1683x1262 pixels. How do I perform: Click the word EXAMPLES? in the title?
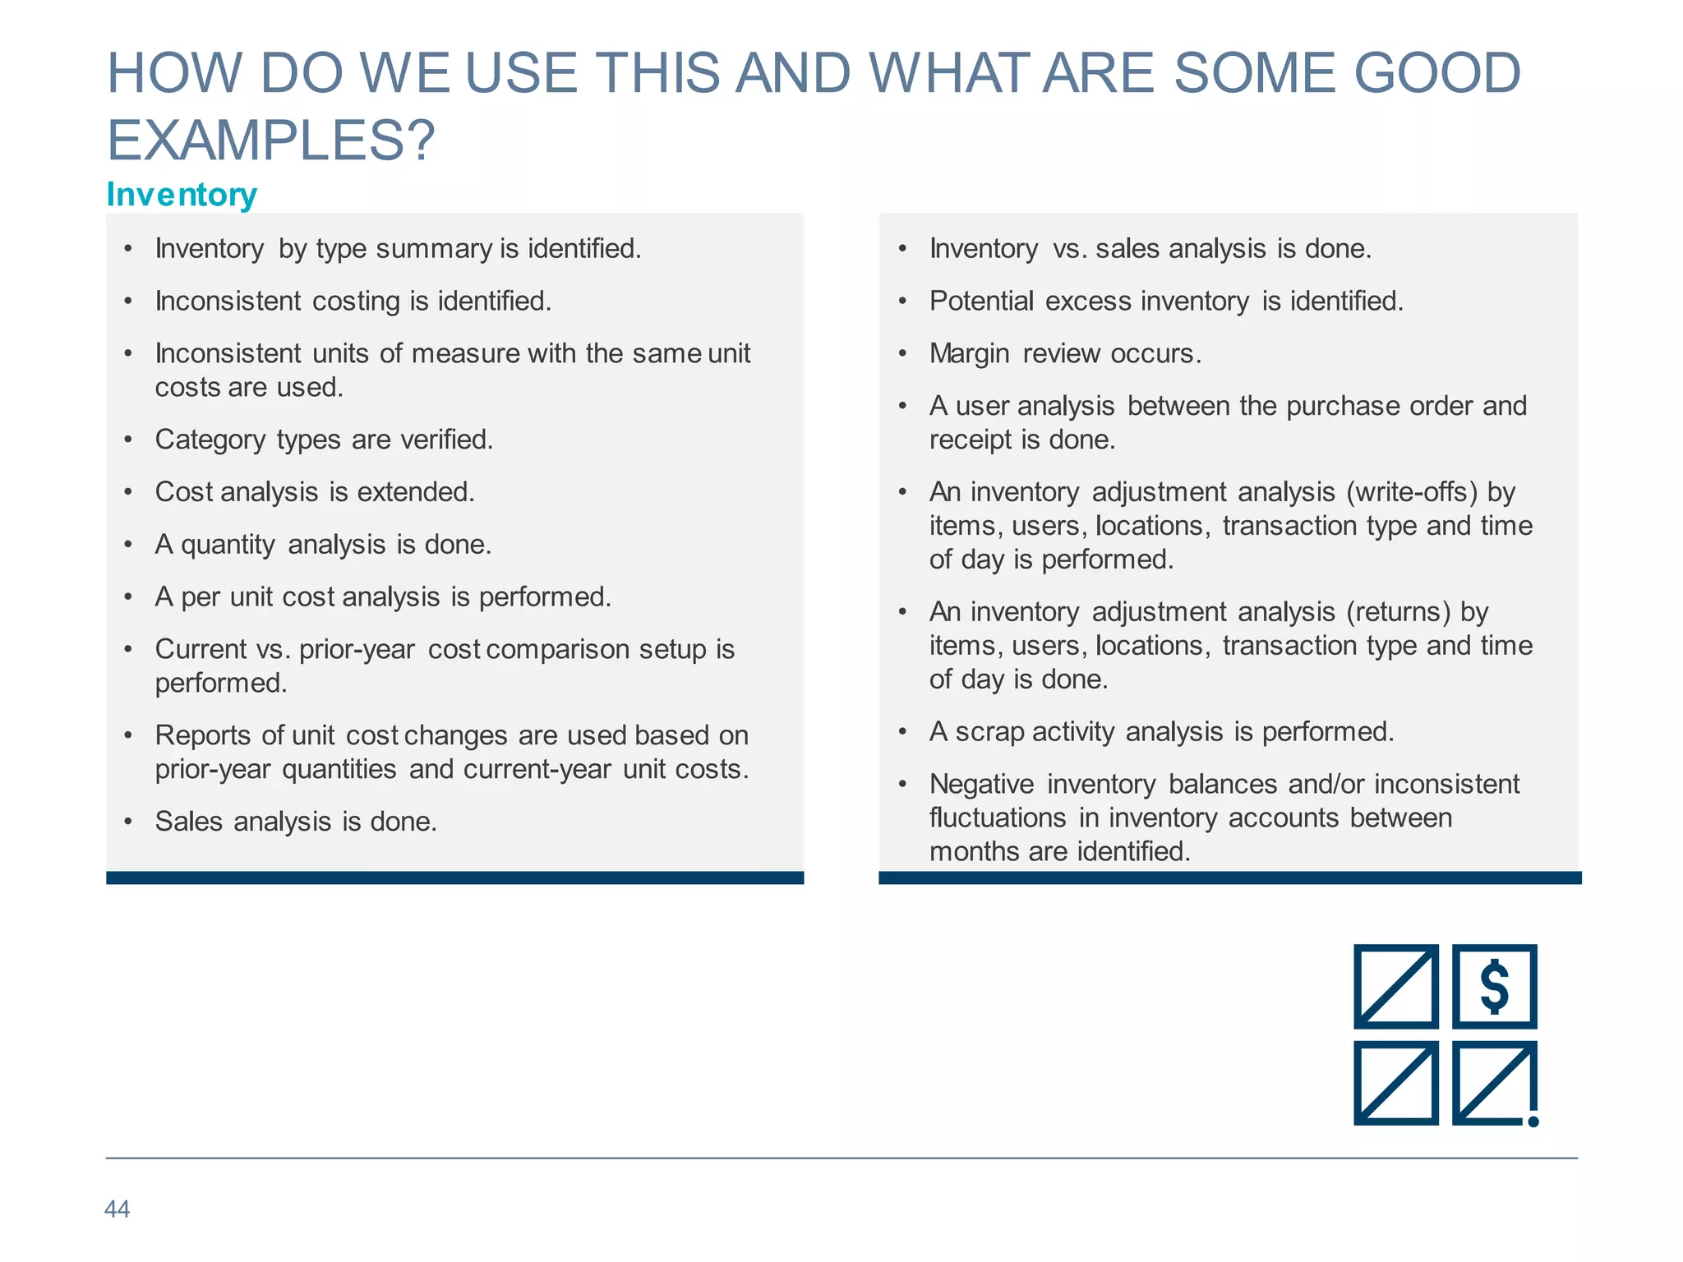[270, 140]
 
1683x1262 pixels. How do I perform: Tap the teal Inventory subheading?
[182, 195]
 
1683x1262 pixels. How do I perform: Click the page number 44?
[117, 1209]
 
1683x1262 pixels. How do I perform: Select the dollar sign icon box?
[1494, 986]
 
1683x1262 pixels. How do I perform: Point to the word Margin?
[969, 353]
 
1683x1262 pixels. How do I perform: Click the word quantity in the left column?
[228, 545]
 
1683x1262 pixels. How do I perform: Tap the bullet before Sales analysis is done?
[128, 822]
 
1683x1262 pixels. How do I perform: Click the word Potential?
[981, 302]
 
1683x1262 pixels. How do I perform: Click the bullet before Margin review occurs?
[902, 354]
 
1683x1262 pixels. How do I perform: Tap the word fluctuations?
[998, 818]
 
